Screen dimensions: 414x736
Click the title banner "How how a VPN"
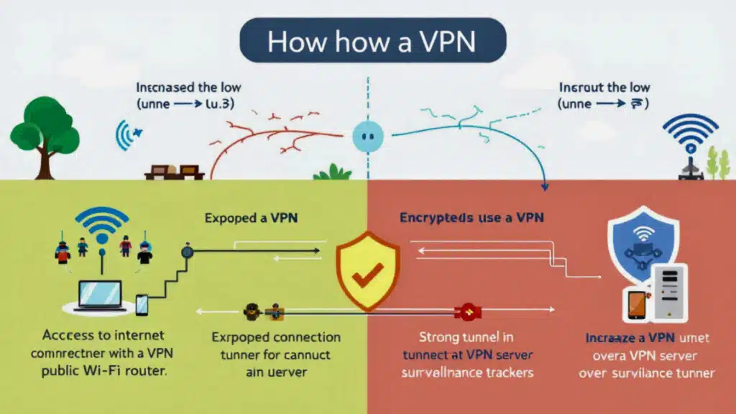click(x=372, y=42)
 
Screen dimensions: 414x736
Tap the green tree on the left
click(x=45, y=129)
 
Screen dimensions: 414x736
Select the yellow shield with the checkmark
click(x=368, y=266)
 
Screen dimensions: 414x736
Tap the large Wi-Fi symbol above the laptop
click(x=103, y=226)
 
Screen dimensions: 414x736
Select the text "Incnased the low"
click(x=188, y=88)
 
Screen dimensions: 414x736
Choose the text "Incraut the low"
click(x=604, y=88)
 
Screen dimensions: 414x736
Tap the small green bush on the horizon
click(x=332, y=172)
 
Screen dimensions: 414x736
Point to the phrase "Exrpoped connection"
click(x=276, y=336)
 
